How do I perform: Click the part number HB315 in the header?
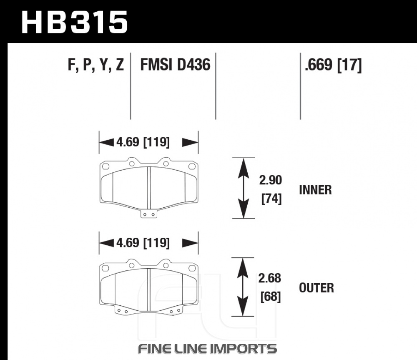(x=75, y=23)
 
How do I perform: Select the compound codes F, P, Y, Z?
(x=96, y=65)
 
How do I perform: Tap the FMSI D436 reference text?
(x=175, y=65)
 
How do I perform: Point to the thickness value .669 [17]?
(x=333, y=65)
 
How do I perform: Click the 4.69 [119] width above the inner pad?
(x=143, y=142)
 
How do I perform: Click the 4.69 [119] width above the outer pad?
(x=143, y=243)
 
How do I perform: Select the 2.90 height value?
(x=271, y=180)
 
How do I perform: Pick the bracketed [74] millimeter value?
(x=271, y=199)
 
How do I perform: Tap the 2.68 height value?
(x=270, y=278)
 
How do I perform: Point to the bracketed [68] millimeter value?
(x=271, y=297)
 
